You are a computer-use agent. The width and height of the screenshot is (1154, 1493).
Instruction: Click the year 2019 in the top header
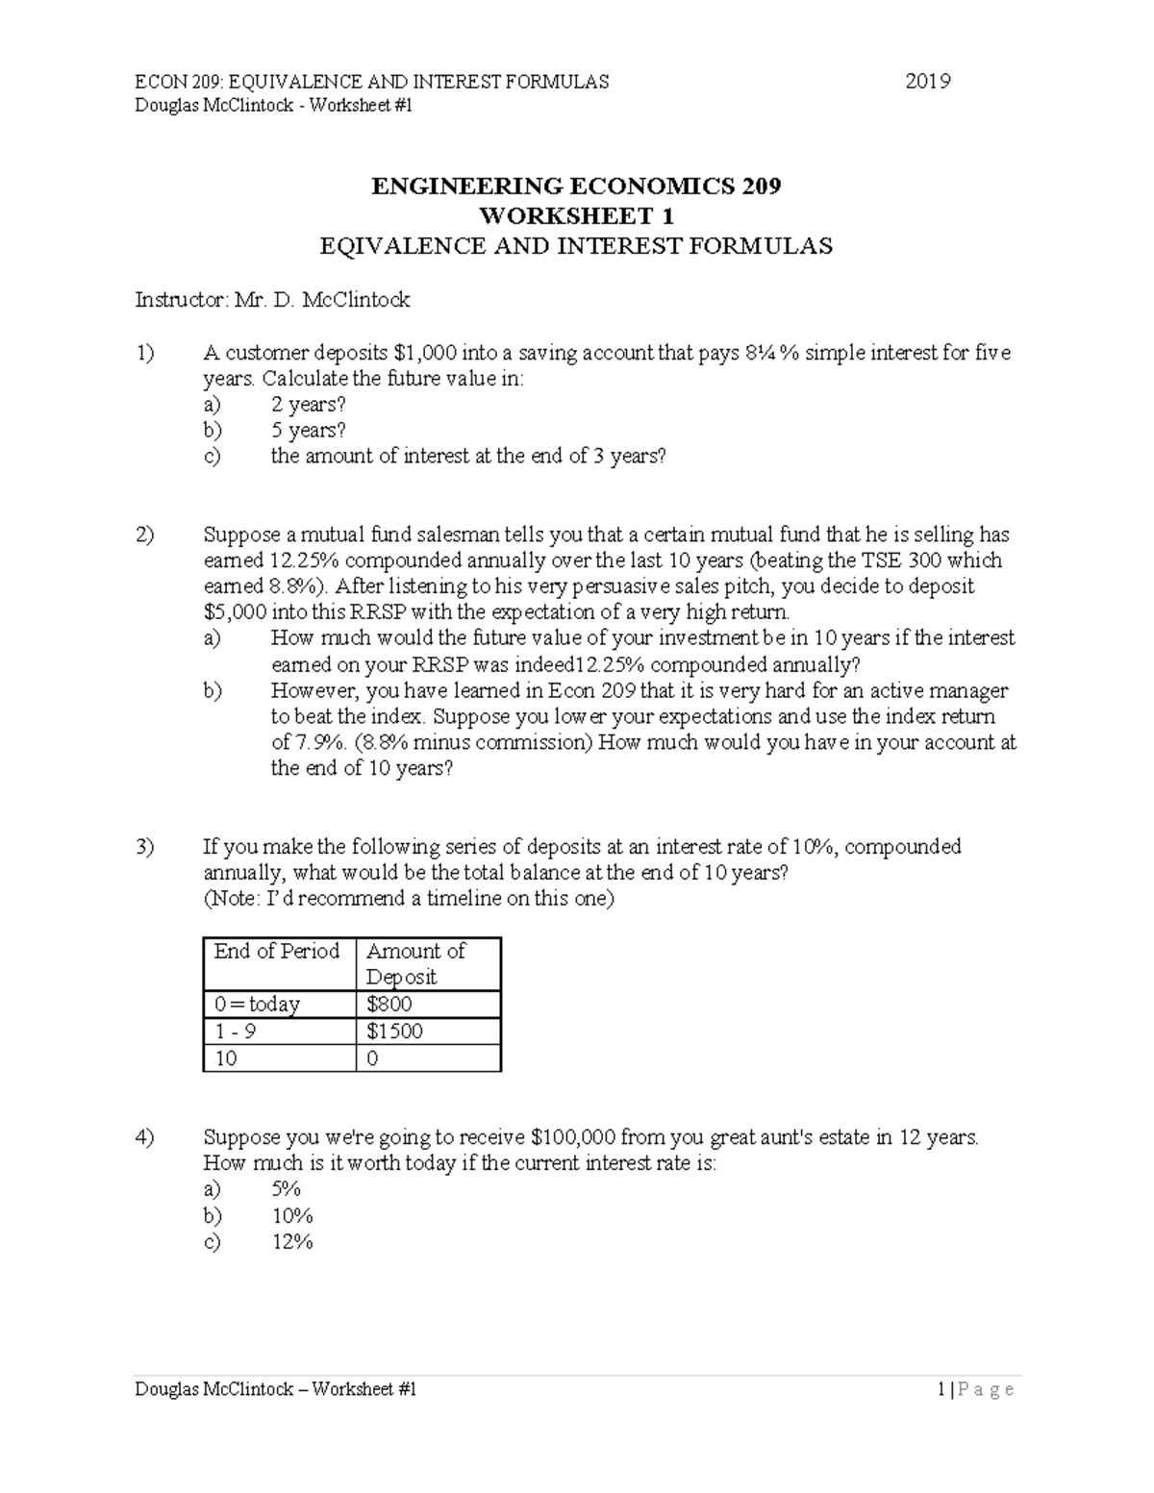(x=927, y=82)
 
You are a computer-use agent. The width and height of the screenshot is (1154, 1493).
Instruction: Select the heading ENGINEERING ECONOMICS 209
(x=576, y=187)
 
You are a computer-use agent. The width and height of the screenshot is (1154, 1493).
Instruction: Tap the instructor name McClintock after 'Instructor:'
(x=356, y=300)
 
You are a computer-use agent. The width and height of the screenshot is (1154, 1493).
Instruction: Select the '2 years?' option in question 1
(x=308, y=405)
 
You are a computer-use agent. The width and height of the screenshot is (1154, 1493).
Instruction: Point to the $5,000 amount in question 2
(x=235, y=612)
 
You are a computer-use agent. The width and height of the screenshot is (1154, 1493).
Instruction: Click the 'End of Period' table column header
(x=277, y=951)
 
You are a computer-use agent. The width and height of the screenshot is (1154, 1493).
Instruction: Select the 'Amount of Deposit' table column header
(x=415, y=963)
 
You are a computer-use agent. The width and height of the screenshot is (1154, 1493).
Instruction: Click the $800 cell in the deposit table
(x=389, y=1005)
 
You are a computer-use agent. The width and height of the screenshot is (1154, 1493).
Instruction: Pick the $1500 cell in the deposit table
(x=394, y=1032)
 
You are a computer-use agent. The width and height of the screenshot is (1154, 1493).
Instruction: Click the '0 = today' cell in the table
(x=257, y=1005)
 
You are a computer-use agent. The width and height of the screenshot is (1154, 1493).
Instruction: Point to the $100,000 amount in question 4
(x=572, y=1138)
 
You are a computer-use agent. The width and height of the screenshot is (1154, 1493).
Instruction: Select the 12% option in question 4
(x=292, y=1242)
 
